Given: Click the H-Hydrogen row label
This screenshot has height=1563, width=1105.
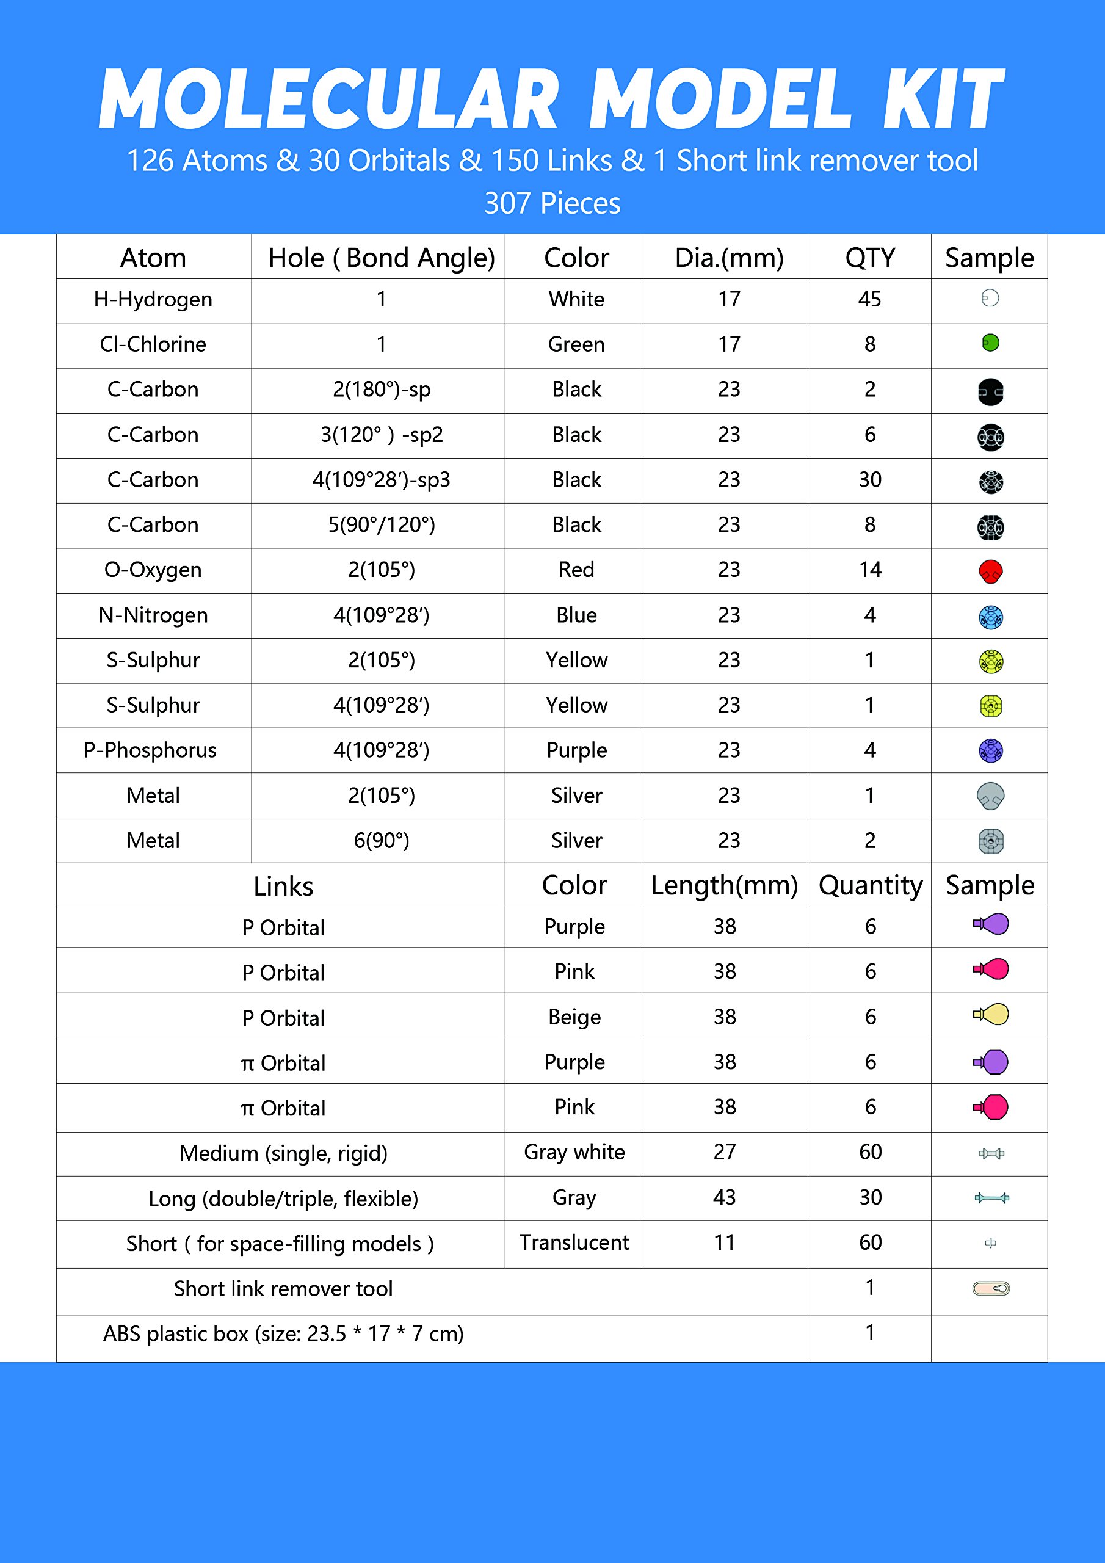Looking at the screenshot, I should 153,300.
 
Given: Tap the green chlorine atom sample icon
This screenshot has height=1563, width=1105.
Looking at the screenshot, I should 990,343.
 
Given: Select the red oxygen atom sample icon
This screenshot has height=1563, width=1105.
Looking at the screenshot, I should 990,571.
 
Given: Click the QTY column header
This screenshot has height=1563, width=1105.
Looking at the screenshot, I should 869,258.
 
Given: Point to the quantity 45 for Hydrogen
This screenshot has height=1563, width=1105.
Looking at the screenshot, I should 869,300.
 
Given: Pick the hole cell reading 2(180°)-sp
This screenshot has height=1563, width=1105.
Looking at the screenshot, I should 382,390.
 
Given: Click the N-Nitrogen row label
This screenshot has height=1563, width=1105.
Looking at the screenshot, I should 153,615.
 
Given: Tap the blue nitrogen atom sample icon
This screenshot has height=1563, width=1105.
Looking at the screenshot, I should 990,617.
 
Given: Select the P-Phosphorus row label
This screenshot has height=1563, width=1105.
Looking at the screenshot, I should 150,750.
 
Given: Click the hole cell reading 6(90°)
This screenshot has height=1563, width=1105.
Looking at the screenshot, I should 382,841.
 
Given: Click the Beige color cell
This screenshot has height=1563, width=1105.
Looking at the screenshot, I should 574,1017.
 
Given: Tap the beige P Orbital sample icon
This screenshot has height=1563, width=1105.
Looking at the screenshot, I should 991,1014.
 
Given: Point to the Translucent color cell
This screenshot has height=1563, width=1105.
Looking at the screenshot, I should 574,1242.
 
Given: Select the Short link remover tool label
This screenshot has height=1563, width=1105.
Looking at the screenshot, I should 283,1289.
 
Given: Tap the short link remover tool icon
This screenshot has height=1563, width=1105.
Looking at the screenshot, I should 991,1288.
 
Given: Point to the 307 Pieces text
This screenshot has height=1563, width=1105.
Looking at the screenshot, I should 552,203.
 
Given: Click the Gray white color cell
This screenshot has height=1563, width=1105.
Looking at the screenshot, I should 574,1152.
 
